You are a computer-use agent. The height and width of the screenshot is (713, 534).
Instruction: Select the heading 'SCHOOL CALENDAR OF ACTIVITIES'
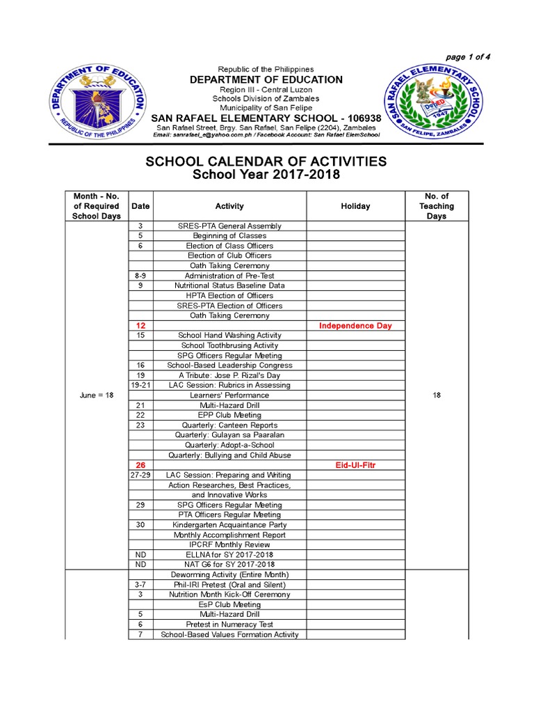click(x=266, y=162)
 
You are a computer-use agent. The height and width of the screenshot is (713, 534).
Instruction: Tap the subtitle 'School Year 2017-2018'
click(x=266, y=175)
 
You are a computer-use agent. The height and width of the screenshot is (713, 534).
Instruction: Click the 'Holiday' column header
click(x=355, y=206)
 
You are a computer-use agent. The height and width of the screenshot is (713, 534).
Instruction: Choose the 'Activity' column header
click(x=229, y=206)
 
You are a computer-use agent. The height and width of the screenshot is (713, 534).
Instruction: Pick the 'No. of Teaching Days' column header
click(x=437, y=206)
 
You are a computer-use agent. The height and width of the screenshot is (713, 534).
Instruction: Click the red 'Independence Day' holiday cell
click(x=355, y=326)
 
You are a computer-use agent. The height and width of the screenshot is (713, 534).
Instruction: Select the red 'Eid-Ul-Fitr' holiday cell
click(x=355, y=465)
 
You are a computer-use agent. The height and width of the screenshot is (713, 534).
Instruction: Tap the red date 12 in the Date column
click(x=140, y=326)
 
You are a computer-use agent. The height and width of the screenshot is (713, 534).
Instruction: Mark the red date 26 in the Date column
click(x=140, y=465)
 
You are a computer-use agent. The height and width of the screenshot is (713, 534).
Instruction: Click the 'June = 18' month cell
click(x=96, y=395)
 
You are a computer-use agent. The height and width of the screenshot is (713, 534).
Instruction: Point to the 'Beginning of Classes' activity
click(x=229, y=236)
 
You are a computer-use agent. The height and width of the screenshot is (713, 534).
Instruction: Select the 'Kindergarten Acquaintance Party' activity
click(x=229, y=525)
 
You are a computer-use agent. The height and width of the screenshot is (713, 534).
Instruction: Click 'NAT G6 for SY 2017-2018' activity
click(x=229, y=564)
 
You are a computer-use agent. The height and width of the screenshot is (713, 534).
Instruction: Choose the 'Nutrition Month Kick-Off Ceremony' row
click(x=229, y=595)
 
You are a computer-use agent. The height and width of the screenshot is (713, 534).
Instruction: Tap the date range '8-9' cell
click(x=140, y=276)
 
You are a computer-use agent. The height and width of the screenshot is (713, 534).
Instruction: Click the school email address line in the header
click(x=266, y=134)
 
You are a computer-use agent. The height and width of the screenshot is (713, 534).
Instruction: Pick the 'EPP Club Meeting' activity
click(x=229, y=415)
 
